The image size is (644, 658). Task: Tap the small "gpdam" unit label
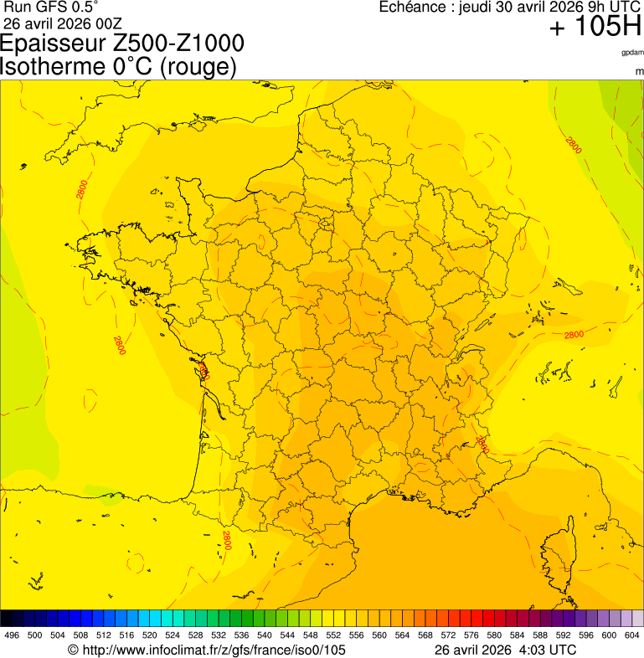[x=632, y=52]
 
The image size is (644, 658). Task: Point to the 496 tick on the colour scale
[x=12, y=635]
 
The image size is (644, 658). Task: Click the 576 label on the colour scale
[x=470, y=635]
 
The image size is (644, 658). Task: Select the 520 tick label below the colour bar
[x=149, y=635]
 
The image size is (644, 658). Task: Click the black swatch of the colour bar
[x=7, y=619]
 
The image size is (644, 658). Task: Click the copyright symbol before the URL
[x=73, y=650]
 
